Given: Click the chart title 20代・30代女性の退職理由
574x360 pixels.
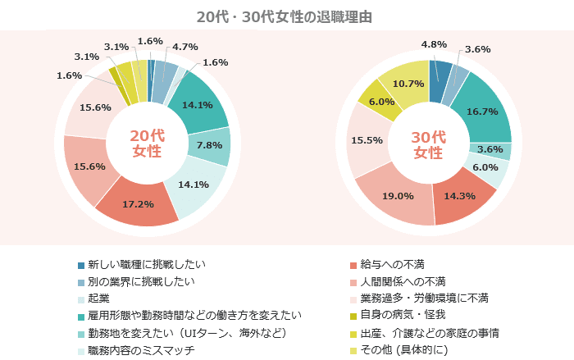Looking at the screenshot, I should coord(286,16).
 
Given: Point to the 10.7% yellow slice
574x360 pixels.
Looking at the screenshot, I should coord(408,84).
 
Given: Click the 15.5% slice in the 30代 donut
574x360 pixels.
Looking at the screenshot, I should coord(366,140).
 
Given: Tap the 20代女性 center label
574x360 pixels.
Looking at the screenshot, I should coord(147,144).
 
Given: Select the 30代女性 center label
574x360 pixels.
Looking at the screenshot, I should coord(427,144).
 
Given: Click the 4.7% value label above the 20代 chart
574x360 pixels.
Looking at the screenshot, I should coord(184,47).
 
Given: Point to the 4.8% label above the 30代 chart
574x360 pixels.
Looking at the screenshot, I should coord(434,44).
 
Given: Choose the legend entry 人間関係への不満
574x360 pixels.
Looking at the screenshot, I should coord(403,281).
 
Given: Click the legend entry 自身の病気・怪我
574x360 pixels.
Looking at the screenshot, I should coord(403,316).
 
